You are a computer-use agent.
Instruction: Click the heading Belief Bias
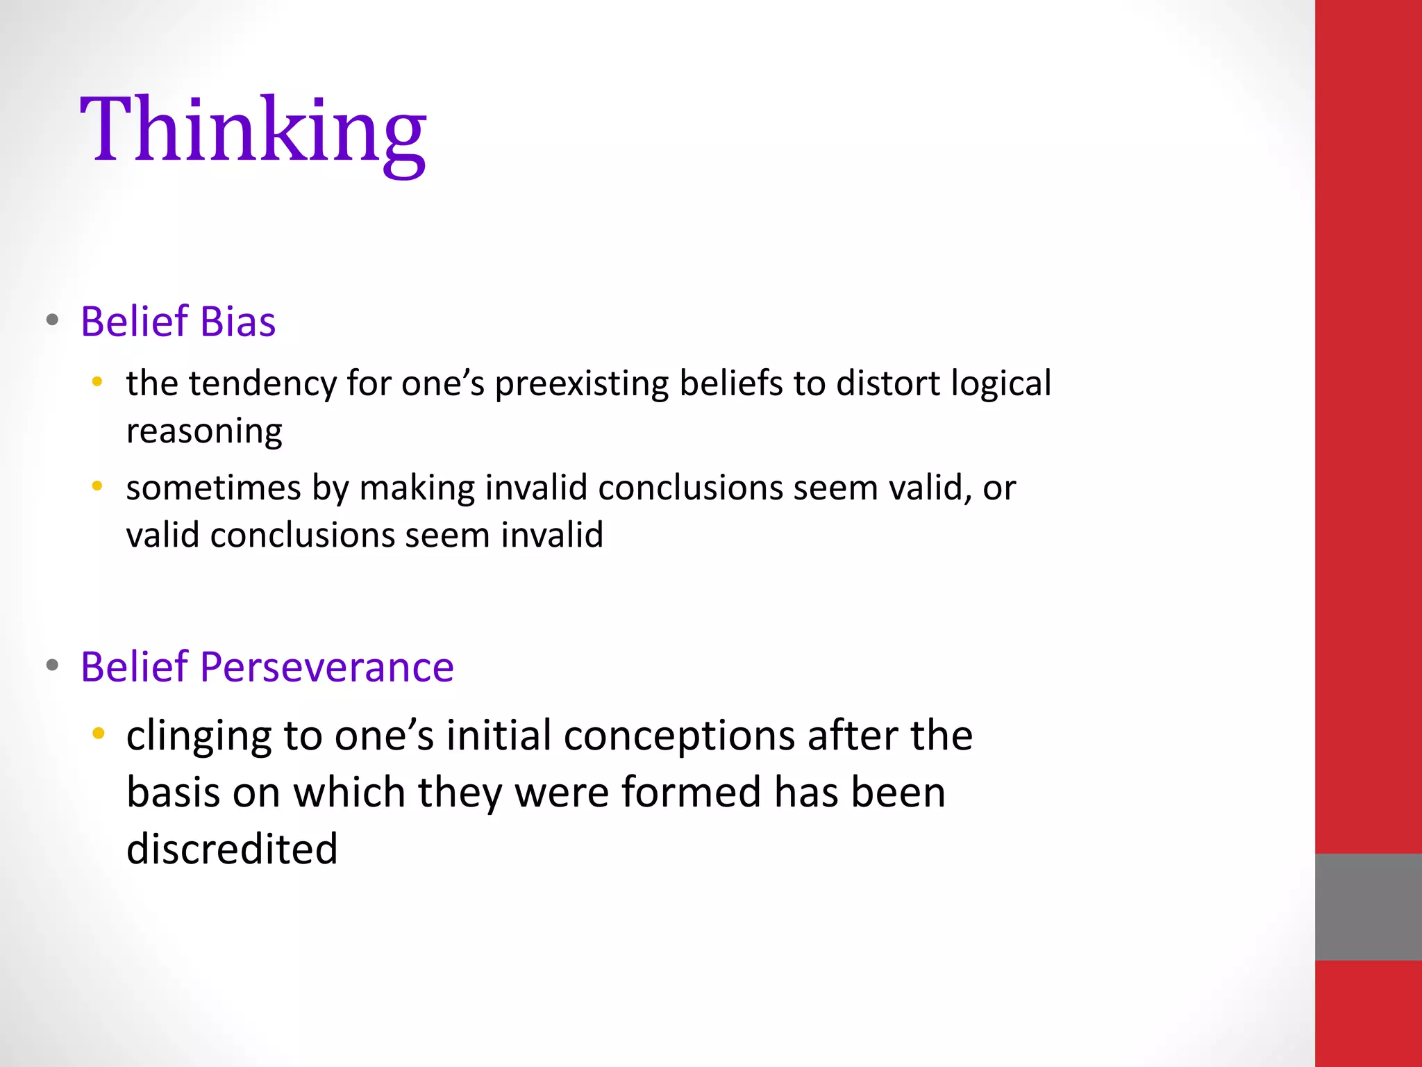(x=178, y=322)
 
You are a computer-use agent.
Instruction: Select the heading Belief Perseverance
(x=267, y=667)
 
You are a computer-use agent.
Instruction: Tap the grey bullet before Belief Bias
(x=52, y=320)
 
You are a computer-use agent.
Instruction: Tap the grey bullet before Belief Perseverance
(x=52, y=665)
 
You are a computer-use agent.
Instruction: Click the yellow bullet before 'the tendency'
(x=97, y=381)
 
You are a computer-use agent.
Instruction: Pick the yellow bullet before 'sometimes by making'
(x=97, y=486)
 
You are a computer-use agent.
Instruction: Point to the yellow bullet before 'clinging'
(x=98, y=733)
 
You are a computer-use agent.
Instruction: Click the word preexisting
(x=581, y=384)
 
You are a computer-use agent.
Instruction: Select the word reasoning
(x=204, y=432)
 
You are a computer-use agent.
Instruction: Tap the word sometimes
(x=213, y=488)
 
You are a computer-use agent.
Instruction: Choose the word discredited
(x=232, y=849)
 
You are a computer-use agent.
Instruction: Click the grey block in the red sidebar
(x=1368, y=907)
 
